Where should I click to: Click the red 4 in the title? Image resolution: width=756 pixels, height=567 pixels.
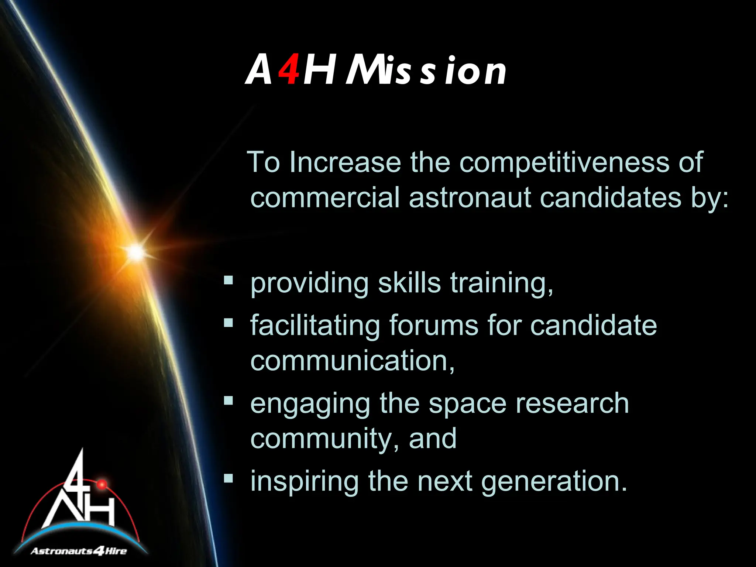289,69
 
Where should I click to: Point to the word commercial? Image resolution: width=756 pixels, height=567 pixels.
325,198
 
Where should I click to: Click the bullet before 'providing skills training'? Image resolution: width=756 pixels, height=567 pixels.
228,281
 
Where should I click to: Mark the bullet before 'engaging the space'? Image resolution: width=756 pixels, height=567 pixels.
228,401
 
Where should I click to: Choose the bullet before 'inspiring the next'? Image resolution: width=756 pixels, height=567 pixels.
228,479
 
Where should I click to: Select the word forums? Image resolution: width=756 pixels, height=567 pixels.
434,326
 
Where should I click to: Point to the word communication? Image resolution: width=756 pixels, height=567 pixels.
352,361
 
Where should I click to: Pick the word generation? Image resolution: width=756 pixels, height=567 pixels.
554,482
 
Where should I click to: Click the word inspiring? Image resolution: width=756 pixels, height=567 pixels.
305,482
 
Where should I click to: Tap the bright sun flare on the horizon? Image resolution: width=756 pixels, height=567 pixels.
136,252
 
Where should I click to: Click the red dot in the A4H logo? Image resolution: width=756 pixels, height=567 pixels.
102,484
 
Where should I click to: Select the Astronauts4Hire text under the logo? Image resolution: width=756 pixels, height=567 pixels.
79,551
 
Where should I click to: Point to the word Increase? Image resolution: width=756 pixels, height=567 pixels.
345,162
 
